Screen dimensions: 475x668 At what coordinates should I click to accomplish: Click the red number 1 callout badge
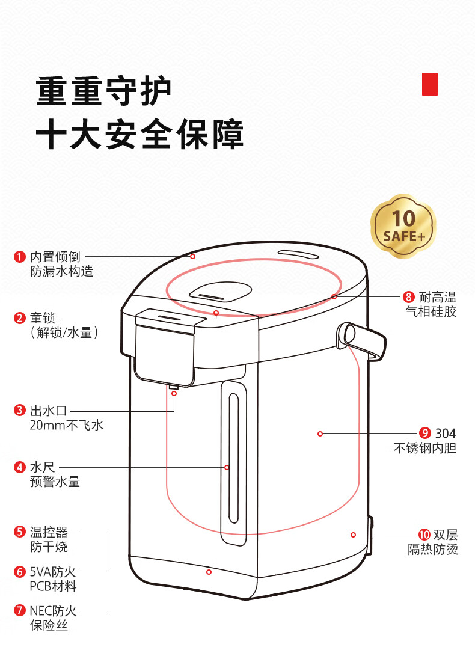pos(20,257)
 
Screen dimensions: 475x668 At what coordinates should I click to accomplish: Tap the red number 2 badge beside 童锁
pos(20,318)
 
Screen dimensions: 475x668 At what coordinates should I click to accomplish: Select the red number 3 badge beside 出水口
pos(20,411)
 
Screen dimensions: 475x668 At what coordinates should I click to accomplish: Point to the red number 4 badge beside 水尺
pos(20,467)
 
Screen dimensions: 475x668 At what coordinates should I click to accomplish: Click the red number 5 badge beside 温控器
pos(20,532)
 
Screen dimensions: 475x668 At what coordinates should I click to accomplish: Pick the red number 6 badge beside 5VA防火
pos(20,572)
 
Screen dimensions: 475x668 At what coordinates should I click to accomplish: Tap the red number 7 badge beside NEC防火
pos(20,610)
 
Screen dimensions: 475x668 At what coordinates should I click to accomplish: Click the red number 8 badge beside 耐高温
pos(408,297)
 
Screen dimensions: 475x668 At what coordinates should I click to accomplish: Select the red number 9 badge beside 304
pos(425,434)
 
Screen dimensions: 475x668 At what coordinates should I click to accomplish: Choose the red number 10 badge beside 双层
pos(424,535)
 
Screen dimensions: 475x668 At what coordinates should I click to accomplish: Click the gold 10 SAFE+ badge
pos(403,227)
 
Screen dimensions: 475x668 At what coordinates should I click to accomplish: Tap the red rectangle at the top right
pos(430,84)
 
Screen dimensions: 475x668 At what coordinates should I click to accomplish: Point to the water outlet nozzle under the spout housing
pos(174,387)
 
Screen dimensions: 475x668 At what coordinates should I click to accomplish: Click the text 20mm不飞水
pos(67,425)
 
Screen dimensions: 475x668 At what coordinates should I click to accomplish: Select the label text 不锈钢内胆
pos(425,448)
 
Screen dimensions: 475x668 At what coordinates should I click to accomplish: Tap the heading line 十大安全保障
pos(139,135)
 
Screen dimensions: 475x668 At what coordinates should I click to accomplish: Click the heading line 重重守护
pos(103,91)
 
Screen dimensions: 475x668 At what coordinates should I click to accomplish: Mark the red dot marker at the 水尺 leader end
pos(227,467)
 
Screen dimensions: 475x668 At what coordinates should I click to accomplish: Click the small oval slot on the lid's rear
pos(298,254)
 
